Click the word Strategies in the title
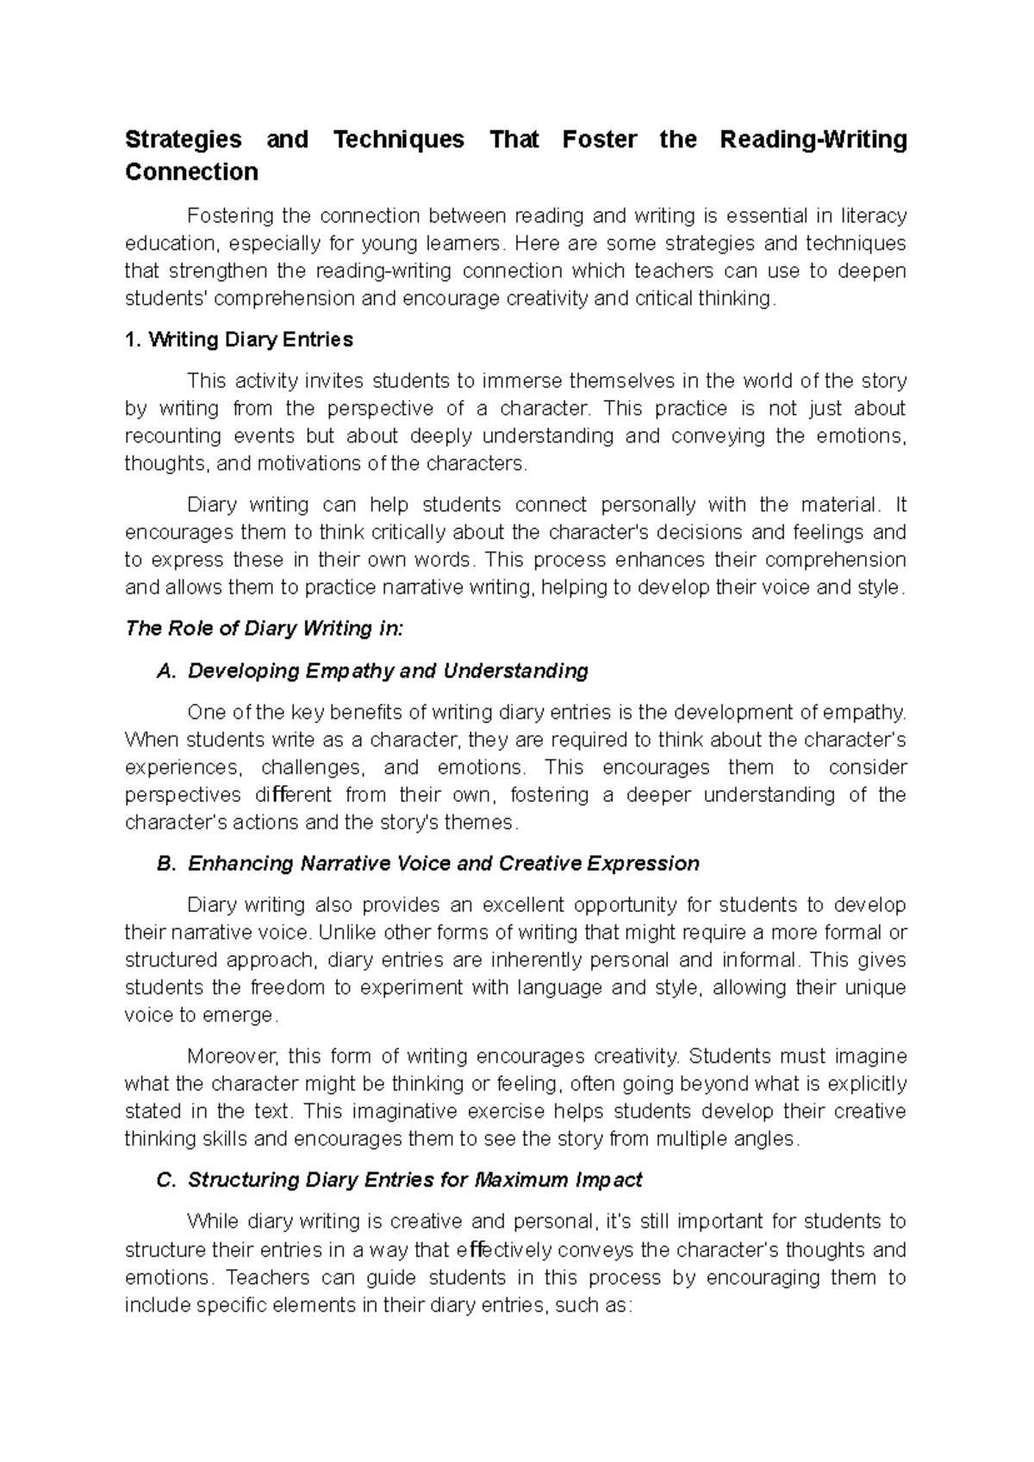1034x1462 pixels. click(183, 140)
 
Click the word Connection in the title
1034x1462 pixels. click(191, 172)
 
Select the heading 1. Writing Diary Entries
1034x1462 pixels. click(239, 340)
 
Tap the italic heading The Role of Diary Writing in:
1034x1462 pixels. click(264, 628)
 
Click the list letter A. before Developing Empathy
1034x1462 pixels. click(166, 671)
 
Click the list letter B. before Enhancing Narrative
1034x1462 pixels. click(166, 864)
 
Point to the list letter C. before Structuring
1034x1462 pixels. click(166, 1180)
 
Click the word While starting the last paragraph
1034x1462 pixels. click(214, 1221)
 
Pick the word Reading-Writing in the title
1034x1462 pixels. click(813, 140)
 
